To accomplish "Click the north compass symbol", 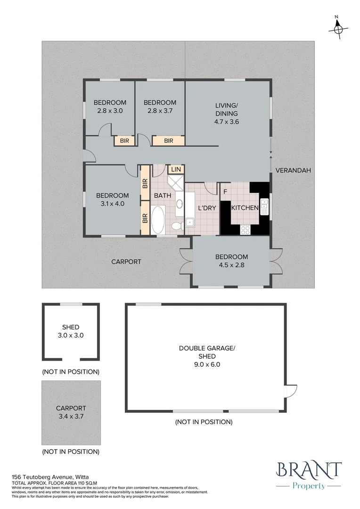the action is [x=338, y=29].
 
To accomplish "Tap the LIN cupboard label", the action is [x=176, y=170].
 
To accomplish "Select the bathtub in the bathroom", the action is [x=158, y=220].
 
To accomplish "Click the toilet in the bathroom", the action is [x=177, y=225].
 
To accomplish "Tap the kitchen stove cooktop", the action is [x=245, y=230].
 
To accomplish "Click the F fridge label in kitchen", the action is [x=225, y=191].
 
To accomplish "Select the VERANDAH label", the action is [x=293, y=170].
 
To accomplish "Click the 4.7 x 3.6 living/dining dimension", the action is [x=227, y=122].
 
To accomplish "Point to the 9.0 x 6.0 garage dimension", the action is [x=207, y=364].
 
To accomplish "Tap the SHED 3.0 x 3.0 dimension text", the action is [x=71, y=336].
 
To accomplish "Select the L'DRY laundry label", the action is [x=207, y=208].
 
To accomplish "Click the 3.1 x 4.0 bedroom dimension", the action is [x=112, y=204].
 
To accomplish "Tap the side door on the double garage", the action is [x=291, y=390].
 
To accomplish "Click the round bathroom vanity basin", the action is [x=179, y=204].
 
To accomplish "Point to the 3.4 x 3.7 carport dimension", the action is [x=71, y=416].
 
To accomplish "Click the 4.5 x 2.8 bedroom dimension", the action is [x=231, y=265].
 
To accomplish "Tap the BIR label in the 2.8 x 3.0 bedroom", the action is [x=124, y=141].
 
